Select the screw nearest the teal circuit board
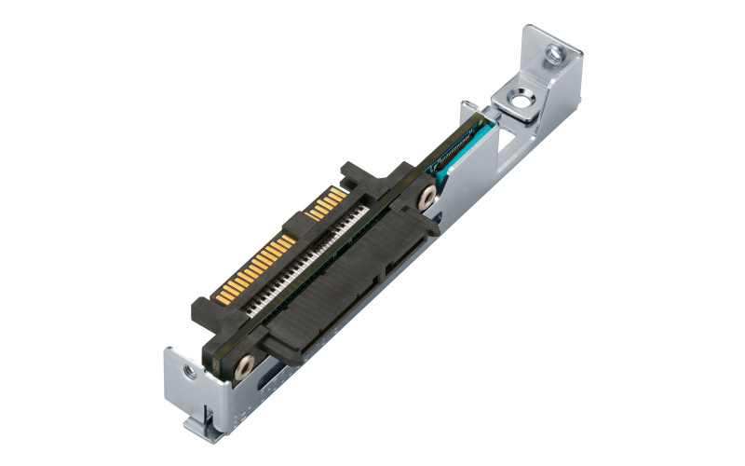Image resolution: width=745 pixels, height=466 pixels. (x=427, y=197)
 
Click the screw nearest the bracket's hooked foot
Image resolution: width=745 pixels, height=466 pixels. (x=245, y=366)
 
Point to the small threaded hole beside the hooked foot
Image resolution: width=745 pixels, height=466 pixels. (x=188, y=372)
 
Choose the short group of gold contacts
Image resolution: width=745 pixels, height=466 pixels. (x=327, y=201)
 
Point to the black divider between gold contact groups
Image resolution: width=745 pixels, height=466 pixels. (x=296, y=225)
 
